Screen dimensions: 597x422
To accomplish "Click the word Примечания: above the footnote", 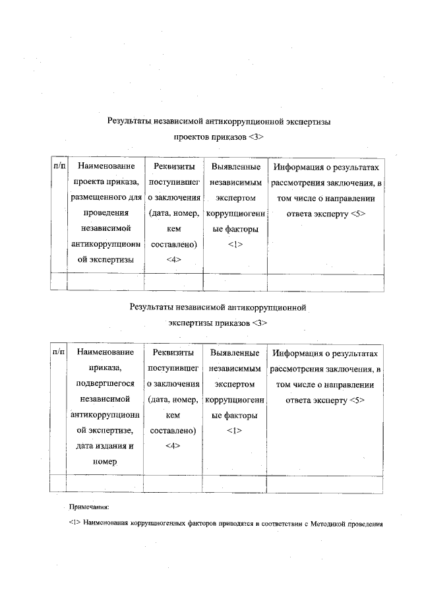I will tap(89, 507).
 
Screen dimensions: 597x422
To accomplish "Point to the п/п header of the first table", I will tap(58, 167).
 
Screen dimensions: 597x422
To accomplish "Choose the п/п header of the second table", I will tap(58, 353).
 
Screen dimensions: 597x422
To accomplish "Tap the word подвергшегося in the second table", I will tap(105, 383).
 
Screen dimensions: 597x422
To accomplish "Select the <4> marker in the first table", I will tap(173, 259).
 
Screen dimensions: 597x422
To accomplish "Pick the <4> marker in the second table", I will tap(173, 445).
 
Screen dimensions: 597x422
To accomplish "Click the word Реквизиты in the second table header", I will tap(173, 353).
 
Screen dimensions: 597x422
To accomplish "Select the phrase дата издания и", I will tap(105, 445).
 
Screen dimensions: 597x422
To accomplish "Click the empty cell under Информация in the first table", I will tap(325, 282).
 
